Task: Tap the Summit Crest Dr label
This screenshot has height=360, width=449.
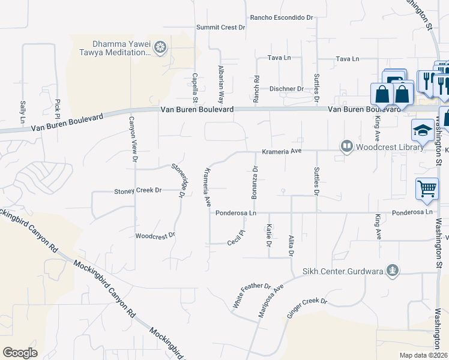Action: tap(221, 28)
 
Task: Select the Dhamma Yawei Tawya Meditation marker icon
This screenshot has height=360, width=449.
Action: tap(160, 47)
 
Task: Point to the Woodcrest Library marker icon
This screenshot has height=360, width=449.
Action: tap(346, 146)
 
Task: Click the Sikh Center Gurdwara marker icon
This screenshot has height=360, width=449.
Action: tap(393, 271)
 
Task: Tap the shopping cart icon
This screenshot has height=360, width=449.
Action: tap(427, 188)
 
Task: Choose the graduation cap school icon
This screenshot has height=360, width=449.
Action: tap(423, 130)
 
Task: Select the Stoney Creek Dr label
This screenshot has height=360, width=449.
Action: tap(138, 191)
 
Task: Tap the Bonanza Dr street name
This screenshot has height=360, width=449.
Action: tap(255, 180)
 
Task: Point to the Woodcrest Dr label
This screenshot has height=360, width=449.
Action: tap(155, 235)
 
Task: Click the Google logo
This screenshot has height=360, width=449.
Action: tap(20, 352)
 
